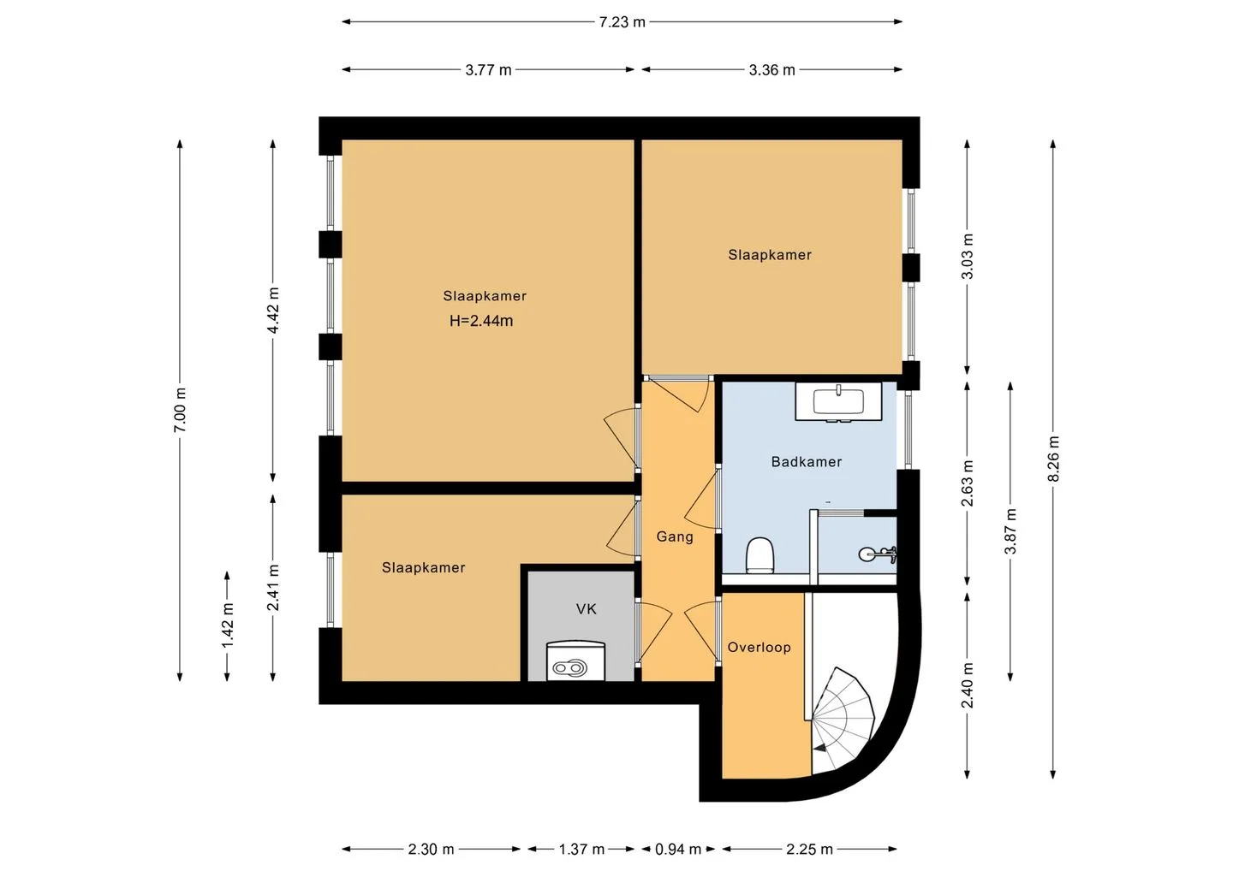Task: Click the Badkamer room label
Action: [x=807, y=462]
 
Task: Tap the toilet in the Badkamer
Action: [x=759, y=555]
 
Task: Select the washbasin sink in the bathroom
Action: [x=838, y=401]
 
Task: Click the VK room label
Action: [x=587, y=609]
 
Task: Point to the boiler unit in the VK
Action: [x=575, y=661]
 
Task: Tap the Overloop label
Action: [x=759, y=647]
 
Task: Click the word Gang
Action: [x=675, y=536]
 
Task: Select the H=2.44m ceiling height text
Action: [x=481, y=321]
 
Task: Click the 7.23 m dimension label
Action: [x=622, y=22]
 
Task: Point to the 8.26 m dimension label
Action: [x=1053, y=459]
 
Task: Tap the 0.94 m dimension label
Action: [x=677, y=850]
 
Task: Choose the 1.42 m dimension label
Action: [x=228, y=625]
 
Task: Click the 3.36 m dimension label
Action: [x=771, y=70]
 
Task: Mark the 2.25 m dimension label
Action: [x=809, y=850]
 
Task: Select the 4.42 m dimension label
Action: [x=274, y=310]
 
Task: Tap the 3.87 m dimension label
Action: [x=1010, y=531]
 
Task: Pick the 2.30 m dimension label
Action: [x=431, y=850]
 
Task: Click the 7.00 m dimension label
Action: [x=181, y=410]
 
